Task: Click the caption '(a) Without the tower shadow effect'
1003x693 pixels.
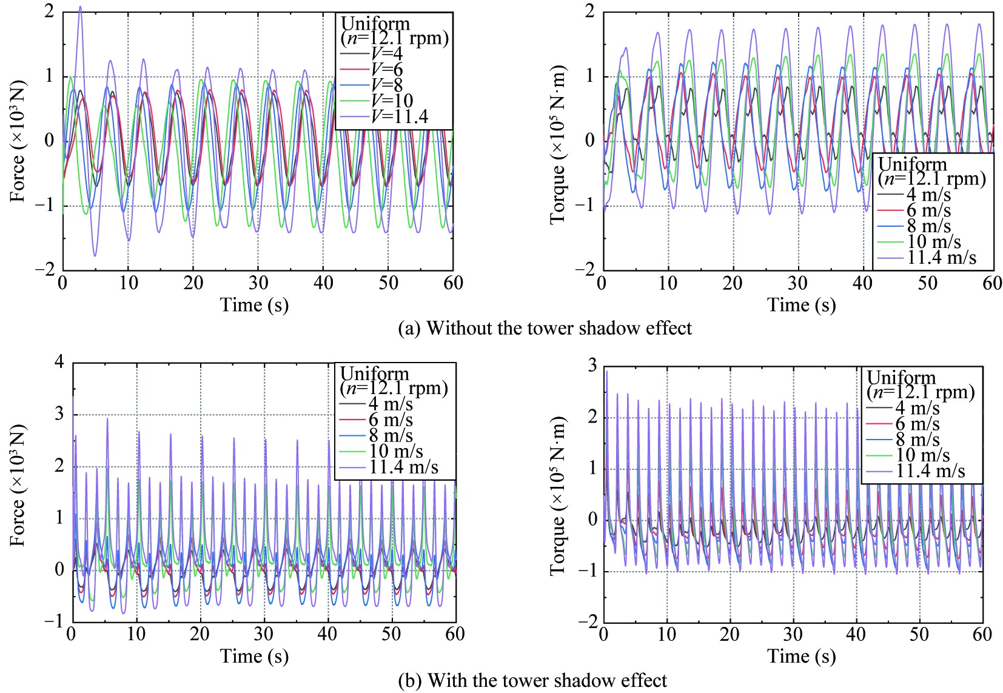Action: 545,329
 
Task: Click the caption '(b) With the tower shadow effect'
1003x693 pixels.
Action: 532,680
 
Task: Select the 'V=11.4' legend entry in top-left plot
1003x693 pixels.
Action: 400,116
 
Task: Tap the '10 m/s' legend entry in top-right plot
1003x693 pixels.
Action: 934,242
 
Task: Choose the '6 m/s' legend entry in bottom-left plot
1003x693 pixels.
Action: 391,420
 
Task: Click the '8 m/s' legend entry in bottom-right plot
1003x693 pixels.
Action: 917,440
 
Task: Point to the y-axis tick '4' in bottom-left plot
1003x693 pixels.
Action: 59,363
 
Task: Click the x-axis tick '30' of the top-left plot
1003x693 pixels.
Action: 258,283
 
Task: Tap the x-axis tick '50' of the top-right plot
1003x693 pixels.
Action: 927,283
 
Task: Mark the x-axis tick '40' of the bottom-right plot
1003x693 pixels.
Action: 856,634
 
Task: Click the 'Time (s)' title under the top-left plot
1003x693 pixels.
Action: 254,304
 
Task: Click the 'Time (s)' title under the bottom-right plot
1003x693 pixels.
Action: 801,656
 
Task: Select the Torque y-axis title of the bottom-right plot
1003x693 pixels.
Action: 558,496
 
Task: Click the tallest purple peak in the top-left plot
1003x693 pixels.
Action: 80,7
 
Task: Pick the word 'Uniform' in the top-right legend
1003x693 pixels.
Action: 912,164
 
